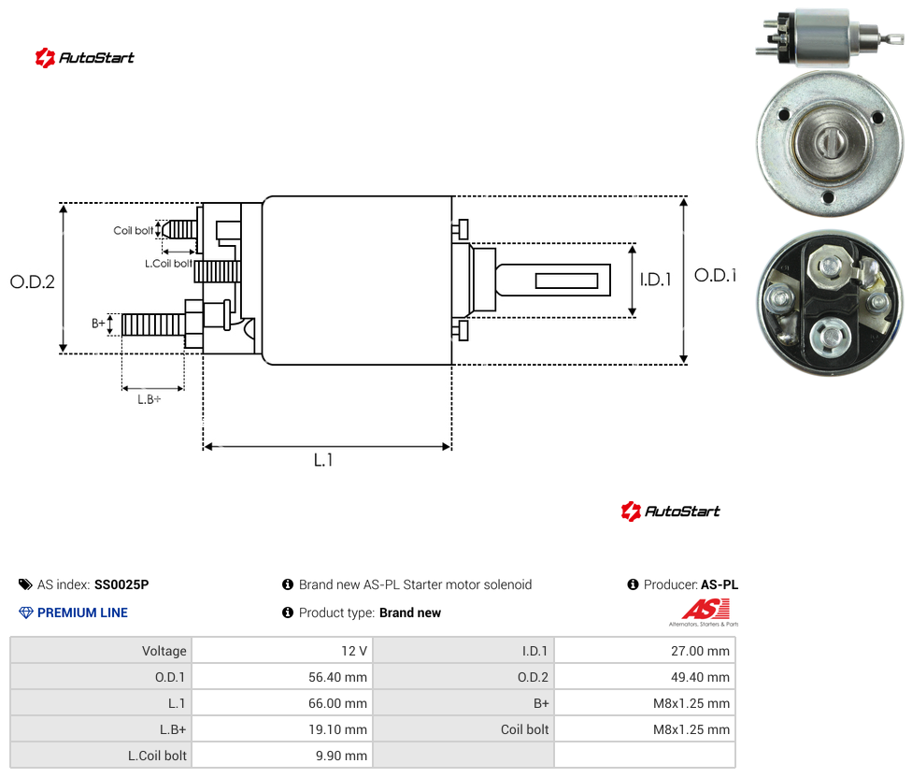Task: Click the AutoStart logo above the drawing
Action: pos(85,58)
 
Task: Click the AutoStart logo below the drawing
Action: pos(670,511)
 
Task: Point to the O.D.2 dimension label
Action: pos(33,281)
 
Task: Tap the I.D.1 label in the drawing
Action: pos(656,280)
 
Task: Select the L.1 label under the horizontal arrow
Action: pos(323,460)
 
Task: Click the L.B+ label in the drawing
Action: pos(150,399)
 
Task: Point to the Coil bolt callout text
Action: pos(134,230)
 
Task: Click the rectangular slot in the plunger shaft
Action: pos(566,281)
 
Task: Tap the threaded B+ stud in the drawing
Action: pos(153,324)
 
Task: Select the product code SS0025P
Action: pos(121,584)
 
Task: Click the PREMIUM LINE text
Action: pos(82,612)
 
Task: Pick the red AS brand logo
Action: pos(705,610)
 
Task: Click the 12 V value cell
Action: pos(283,651)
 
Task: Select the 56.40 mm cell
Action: pos(283,677)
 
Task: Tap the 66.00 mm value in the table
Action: pos(337,703)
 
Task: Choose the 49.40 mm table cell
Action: pos(645,677)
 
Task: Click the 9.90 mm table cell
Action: pos(283,756)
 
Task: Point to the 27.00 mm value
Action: pos(700,651)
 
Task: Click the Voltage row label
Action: pos(101,651)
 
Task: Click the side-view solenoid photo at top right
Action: pos(830,37)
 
